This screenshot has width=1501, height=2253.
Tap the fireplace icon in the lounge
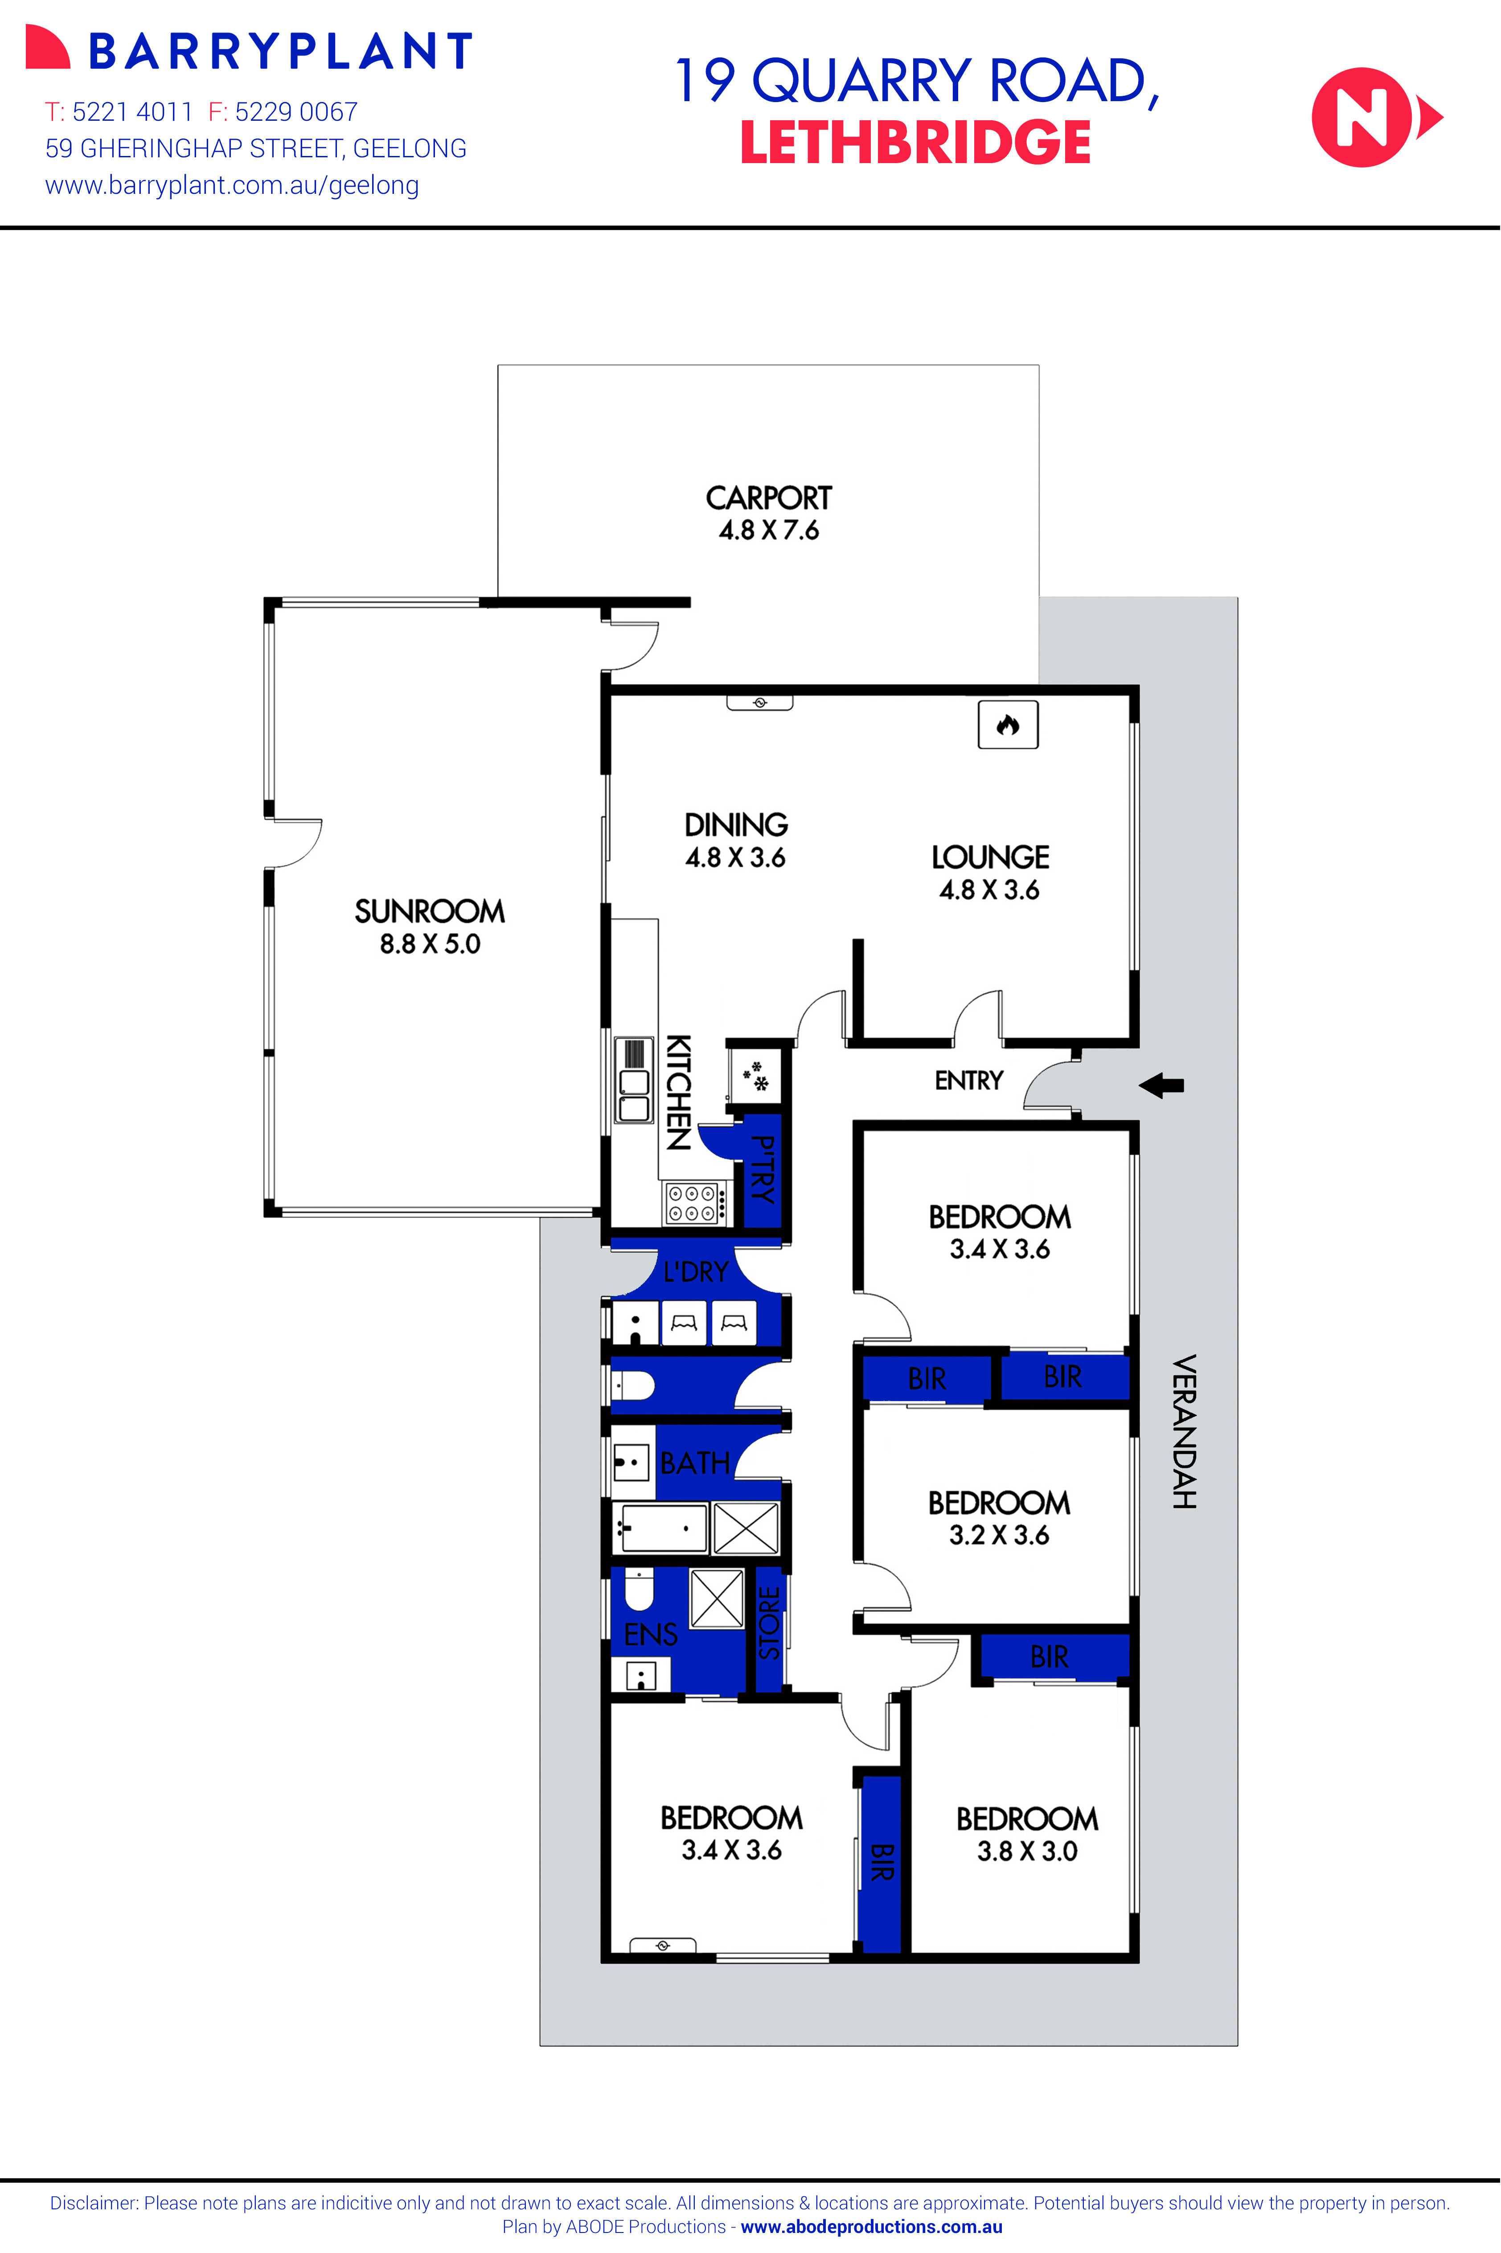pos(1007,725)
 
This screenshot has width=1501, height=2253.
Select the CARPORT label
pos(769,498)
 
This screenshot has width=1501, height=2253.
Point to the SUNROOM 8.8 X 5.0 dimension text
pos(430,944)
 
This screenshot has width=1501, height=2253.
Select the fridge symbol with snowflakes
pos(756,1075)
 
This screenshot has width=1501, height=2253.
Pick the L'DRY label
pos(696,1272)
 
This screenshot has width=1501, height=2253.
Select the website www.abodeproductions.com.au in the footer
pos(871,2227)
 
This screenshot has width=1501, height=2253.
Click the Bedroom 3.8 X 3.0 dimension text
pos(1027,1851)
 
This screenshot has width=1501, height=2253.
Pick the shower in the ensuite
pos(717,1598)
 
